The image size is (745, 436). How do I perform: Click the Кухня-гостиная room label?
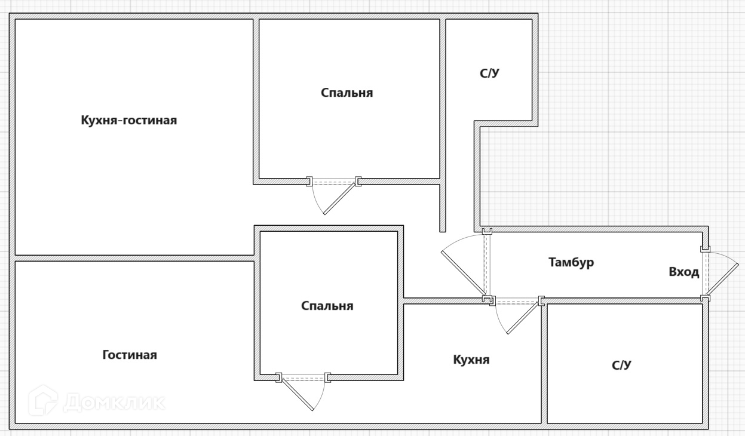[128, 120]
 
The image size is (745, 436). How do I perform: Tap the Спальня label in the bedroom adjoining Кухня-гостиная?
[347, 93]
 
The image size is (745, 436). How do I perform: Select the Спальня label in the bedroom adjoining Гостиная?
[327, 306]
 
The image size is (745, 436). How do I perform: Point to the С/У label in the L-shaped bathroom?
[489, 73]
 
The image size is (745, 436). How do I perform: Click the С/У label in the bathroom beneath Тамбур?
[621, 365]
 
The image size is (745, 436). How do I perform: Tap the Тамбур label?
[571, 262]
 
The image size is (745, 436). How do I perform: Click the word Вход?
[683, 272]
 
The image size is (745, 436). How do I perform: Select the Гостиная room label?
[130, 355]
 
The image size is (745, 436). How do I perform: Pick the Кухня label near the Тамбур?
[471, 360]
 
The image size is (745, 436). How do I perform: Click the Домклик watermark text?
[114, 402]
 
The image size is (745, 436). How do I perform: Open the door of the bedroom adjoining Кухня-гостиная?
[340, 198]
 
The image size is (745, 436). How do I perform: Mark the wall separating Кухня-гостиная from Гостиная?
[134, 258]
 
